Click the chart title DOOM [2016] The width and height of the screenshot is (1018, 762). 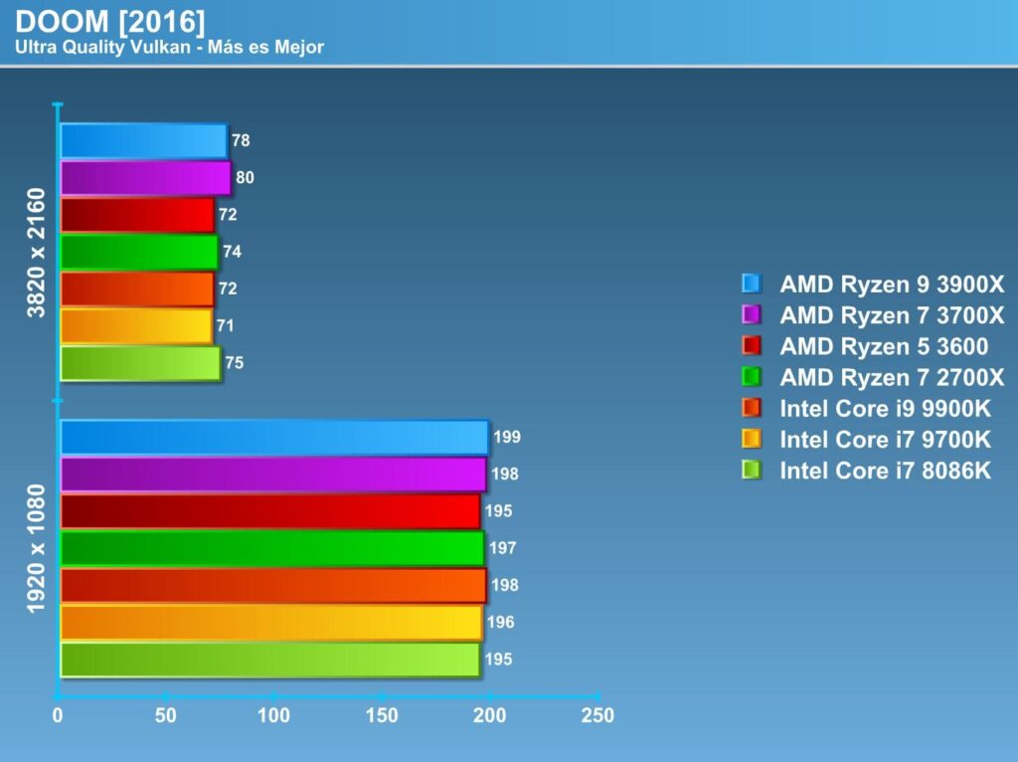(110, 22)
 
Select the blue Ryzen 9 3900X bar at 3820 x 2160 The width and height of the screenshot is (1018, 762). (143, 141)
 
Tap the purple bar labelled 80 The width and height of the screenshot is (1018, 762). (145, 178)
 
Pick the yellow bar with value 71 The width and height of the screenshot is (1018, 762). (136, 325)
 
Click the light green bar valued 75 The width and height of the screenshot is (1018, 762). (140, 363)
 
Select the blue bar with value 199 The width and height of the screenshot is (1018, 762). (273, 438)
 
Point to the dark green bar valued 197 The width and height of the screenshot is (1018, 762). (271, 548)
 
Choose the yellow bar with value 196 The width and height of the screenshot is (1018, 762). (270, 623)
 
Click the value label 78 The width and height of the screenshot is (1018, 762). (241, 141)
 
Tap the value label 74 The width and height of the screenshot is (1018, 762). (232, 252)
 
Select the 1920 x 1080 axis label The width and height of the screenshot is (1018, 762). (37, 548)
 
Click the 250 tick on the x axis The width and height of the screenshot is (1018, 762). (597, 715)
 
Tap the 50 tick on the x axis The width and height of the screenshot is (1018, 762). (166, 715)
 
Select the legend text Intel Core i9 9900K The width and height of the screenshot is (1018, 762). (886, 408)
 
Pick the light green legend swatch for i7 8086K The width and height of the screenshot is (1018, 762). (751, 470)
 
